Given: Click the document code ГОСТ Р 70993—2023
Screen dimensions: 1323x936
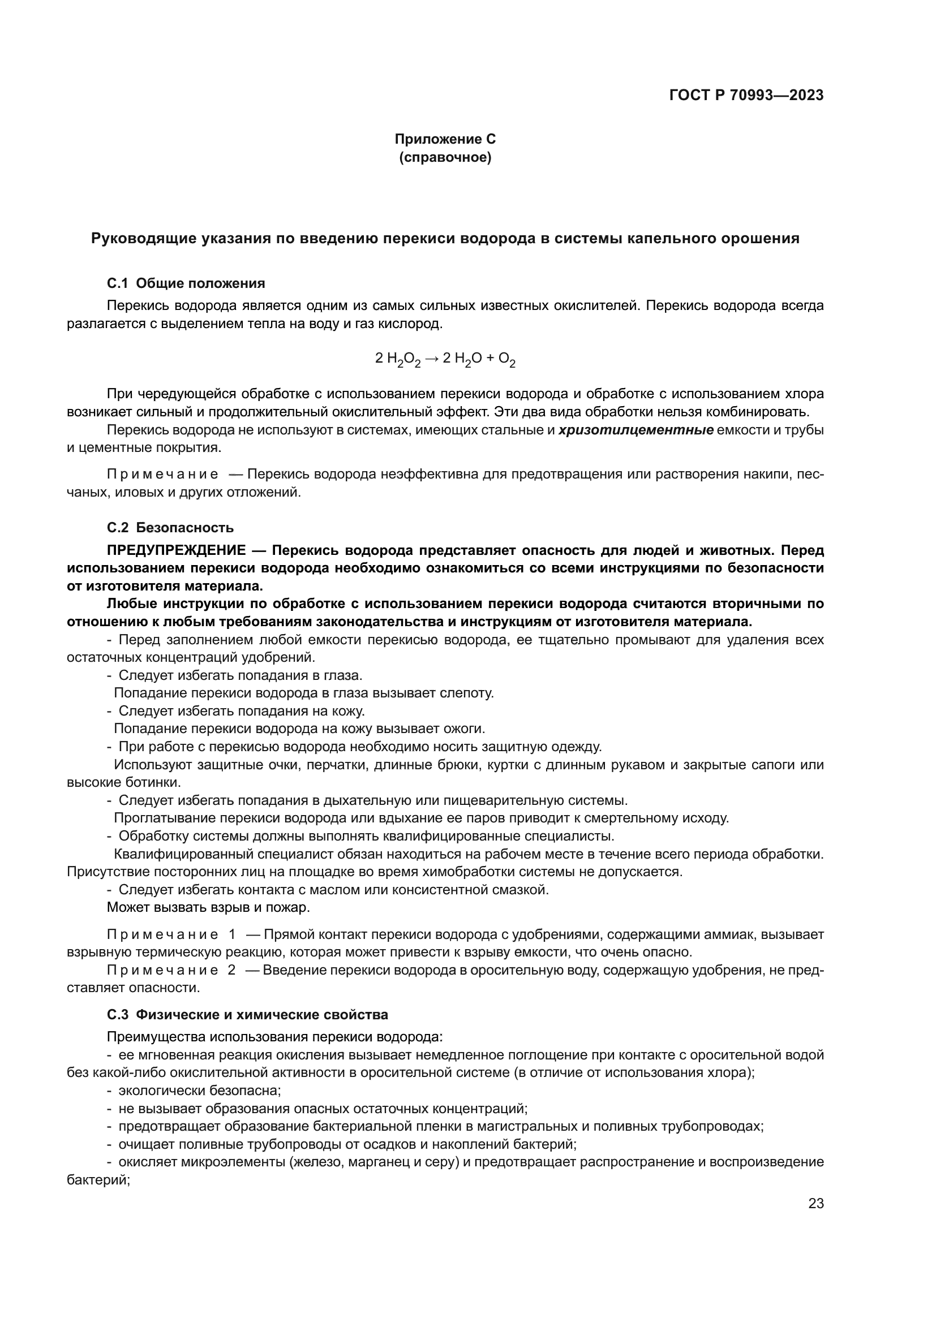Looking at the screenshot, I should coord(746,96).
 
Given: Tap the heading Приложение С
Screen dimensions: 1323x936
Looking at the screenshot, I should coord(444,140).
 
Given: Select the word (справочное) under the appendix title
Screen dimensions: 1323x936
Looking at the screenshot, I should coord(445,157).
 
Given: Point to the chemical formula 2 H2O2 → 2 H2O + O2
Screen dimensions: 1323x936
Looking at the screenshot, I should coord(445,359).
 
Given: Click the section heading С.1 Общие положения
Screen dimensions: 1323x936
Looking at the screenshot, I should coord(186,283).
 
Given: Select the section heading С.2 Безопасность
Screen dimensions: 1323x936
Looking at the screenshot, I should coord(170,528).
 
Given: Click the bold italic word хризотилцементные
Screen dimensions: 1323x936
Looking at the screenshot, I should coord(636,430).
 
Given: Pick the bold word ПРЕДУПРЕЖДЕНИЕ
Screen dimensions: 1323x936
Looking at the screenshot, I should coord(177,550).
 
